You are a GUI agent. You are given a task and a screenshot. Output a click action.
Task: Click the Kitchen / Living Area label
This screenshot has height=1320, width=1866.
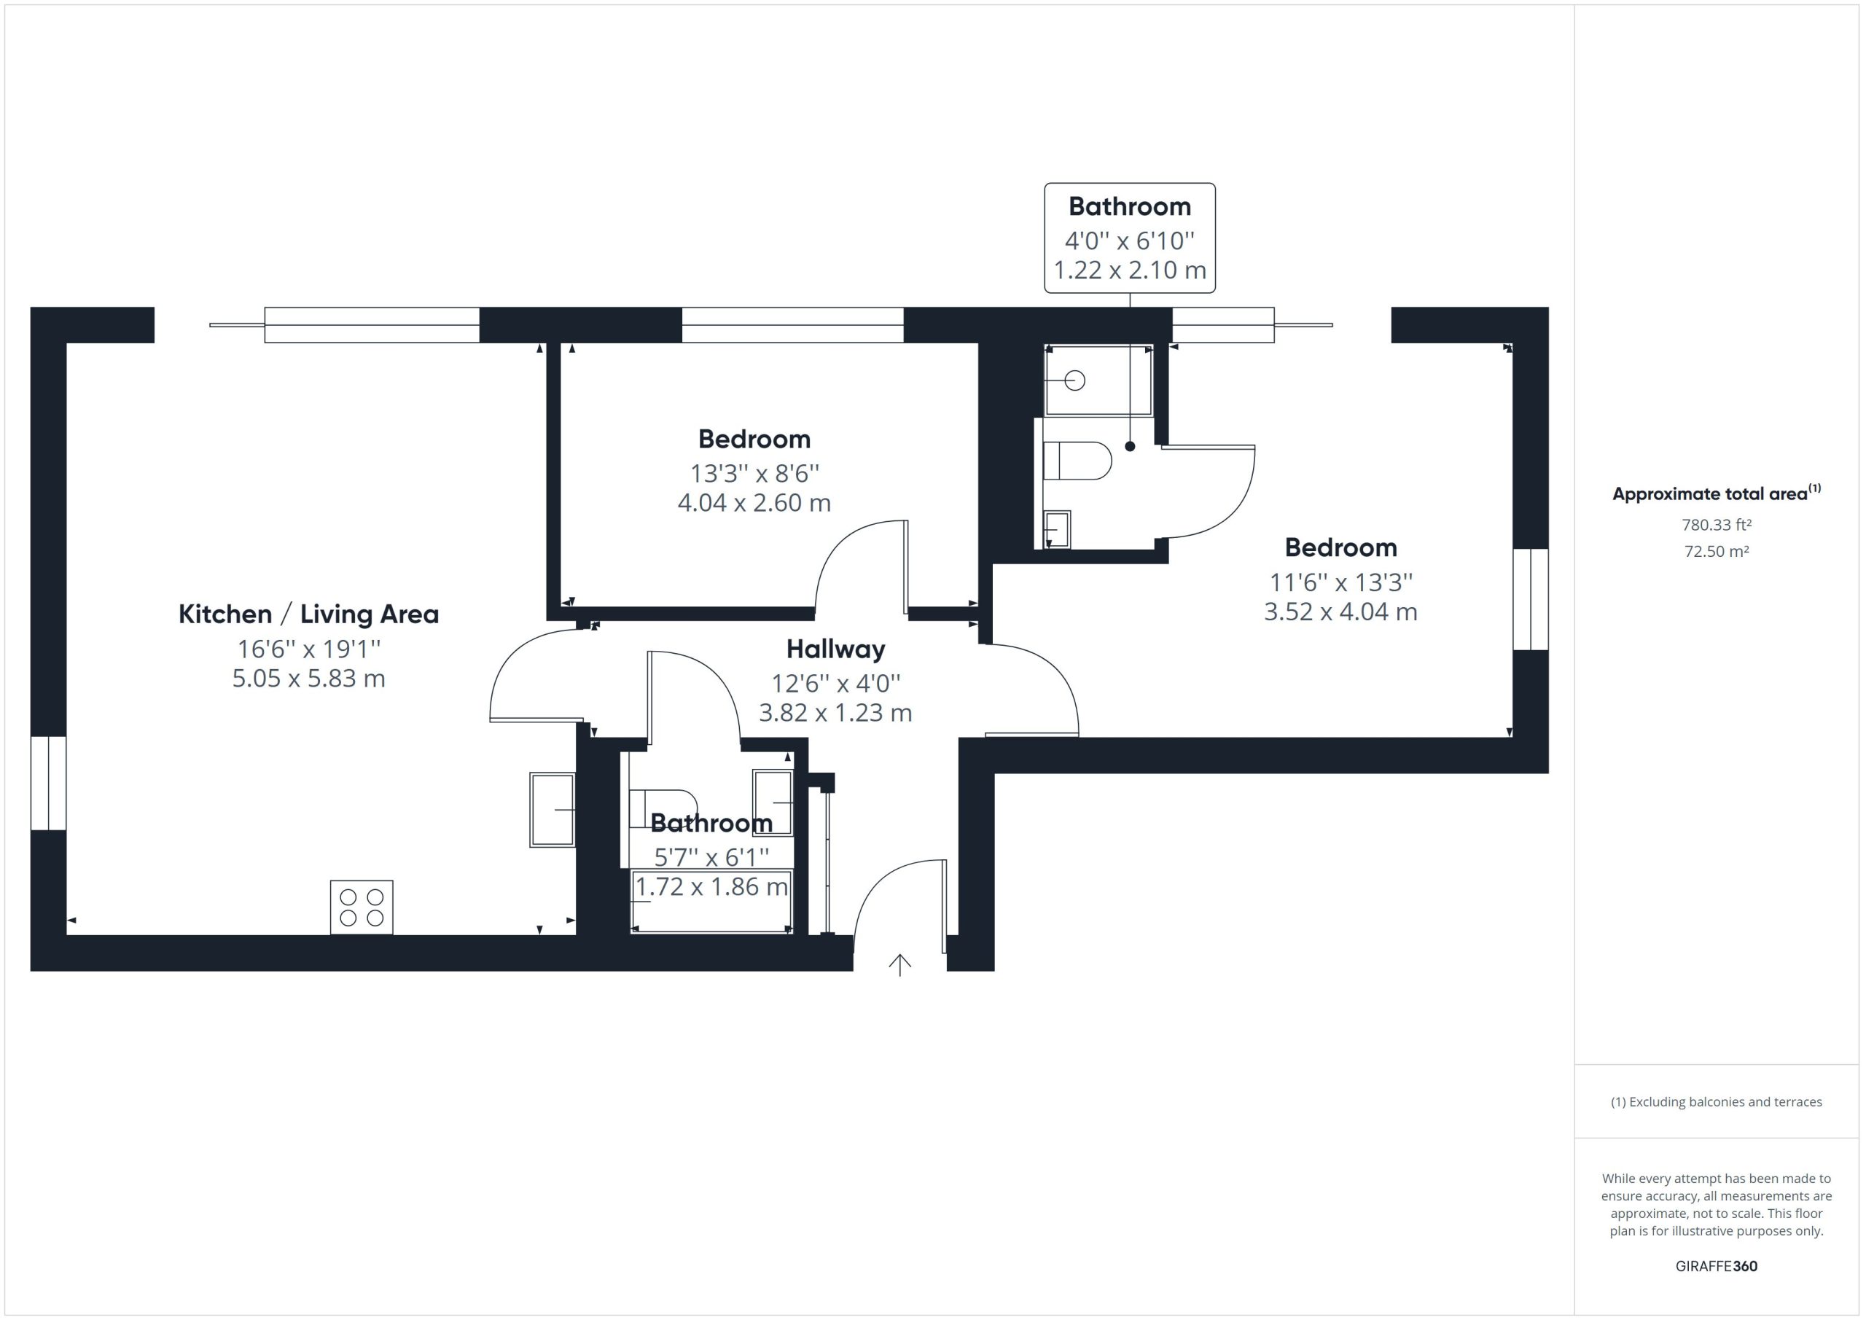click(308, 614)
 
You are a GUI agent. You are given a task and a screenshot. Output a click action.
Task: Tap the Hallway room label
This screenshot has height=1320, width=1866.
click(835, 649)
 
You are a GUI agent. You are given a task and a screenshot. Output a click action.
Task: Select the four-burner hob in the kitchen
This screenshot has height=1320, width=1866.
click(362, 907)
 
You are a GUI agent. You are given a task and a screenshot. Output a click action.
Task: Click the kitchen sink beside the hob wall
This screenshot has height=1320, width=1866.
click(553, 810)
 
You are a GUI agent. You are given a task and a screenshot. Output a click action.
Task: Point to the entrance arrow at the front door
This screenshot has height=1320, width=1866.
click(899, 965)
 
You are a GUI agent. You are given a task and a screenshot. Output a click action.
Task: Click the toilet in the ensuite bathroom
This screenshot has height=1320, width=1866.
click(1077, 461)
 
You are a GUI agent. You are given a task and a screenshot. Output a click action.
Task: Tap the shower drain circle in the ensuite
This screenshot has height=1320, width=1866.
click(1074, 380)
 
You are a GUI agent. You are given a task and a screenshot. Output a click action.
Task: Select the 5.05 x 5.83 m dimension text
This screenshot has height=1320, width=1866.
click(309, 678)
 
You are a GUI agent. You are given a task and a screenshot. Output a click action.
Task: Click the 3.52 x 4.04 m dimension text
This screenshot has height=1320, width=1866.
click(1341, 612)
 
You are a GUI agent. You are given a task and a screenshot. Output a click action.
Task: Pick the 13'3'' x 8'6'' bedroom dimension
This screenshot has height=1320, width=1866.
click(755, 473)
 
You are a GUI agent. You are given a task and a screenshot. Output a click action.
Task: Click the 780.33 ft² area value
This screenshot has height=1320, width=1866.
click(1717, 525)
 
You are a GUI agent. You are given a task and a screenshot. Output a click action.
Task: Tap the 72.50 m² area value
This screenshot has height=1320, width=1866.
click(1717, 551)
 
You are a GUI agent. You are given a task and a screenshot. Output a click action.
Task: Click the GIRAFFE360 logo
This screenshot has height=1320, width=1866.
click(1717, 1265)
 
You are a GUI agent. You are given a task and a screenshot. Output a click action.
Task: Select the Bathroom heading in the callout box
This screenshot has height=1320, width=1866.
click(1130, 206)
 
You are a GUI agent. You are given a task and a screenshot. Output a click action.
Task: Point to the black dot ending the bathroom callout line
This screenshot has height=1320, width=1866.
click(1130, 446)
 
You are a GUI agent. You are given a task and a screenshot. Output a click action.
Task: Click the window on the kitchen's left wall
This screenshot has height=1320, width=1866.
click(49, 784)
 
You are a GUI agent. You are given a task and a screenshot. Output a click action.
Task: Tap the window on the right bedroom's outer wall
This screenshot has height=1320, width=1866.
click(1531, 600)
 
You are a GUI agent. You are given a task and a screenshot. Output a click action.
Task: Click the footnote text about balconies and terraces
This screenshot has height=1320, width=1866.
click(1717, 1102)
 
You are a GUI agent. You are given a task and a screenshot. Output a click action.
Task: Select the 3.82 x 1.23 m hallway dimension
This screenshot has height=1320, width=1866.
click(835, 713)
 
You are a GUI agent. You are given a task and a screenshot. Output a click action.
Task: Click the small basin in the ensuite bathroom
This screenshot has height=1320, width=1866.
click(1056, 529)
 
